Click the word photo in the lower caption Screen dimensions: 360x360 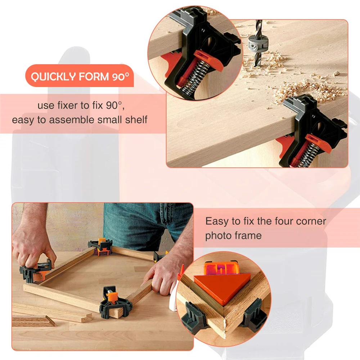(x=217, y=236)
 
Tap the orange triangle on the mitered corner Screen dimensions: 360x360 (x=221, y=286)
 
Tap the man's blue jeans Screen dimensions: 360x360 (x=144, y=223)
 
